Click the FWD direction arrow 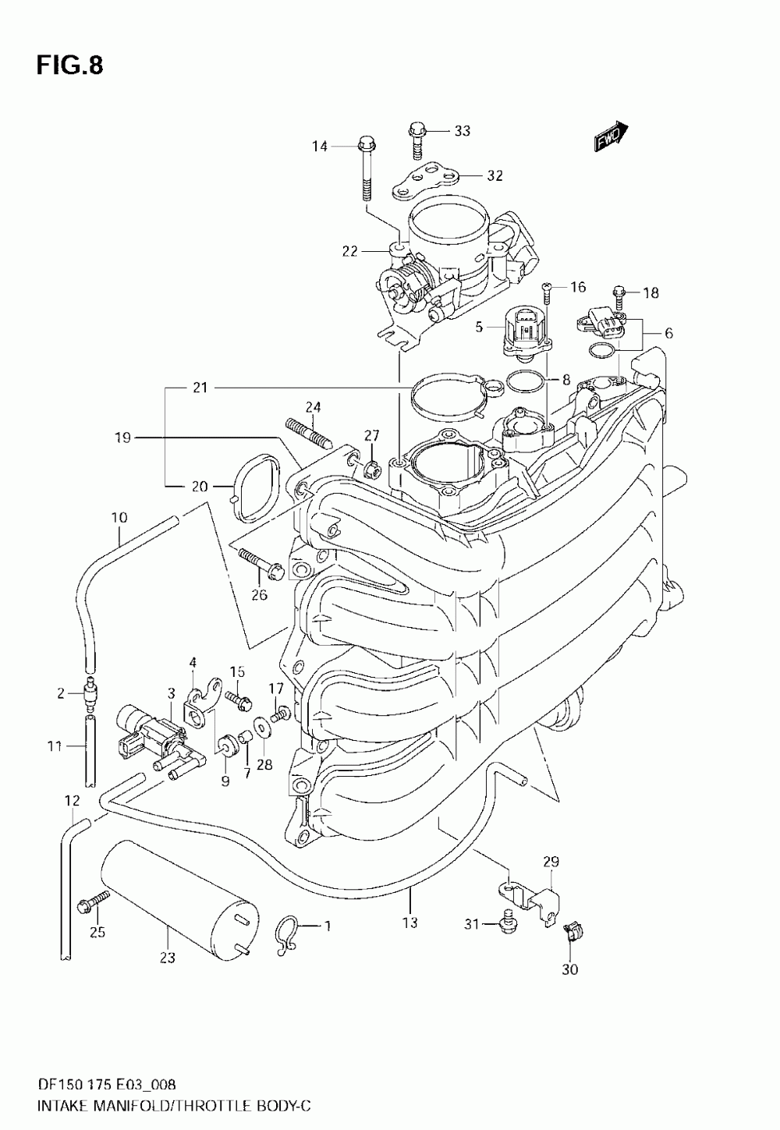pyautogui.click(x=611, y=136)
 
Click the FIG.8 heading pyautogui.click(x=69, y=66)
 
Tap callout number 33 pyautogui.click(x=462, y=131)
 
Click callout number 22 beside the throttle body pyautogui.click(x=349, y=250)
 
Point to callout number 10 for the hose pyautogui.click(x=119, y=518)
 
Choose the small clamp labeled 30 pyautogui.click(x=572, y=931)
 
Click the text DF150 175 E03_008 pyautogui.click(x=105, y=1083)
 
